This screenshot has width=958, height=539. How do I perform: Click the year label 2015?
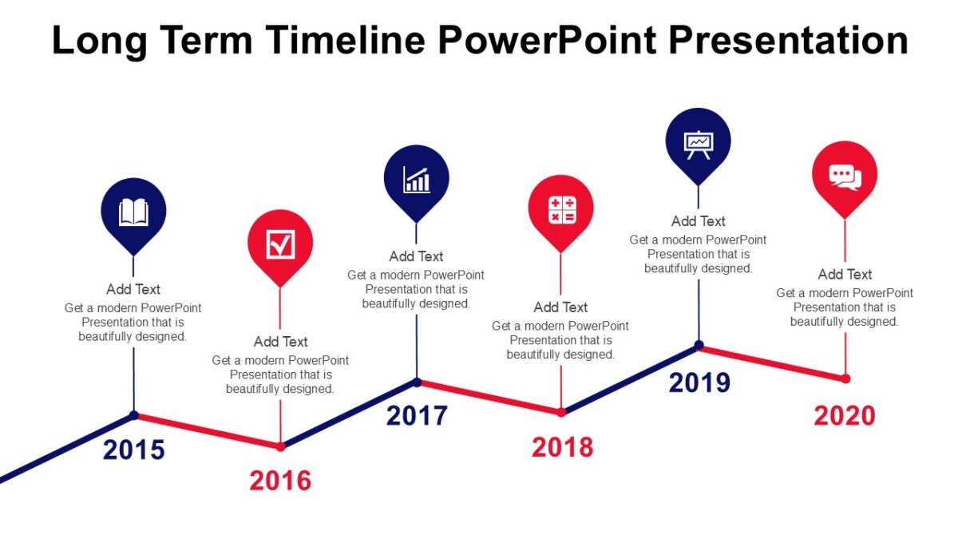(133, 450)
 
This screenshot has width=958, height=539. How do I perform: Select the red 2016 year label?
(280, 481)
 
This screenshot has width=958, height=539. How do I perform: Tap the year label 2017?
(417, 416)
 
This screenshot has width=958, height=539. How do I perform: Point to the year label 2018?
(562, 447)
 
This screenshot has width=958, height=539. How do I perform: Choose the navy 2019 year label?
(699, 382)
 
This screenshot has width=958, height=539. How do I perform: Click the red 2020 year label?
(845, 415)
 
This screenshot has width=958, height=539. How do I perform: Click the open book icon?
(133, 212)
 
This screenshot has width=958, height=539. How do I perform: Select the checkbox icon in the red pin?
(280, 244)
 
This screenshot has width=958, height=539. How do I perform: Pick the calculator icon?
(561, 210)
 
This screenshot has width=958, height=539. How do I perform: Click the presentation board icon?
(699, 144)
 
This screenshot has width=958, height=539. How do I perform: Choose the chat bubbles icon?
(845, 176)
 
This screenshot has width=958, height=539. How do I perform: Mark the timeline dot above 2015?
(134, 415)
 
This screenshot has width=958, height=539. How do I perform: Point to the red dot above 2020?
(845, 378)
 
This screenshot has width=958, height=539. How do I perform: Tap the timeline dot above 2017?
(417, 382)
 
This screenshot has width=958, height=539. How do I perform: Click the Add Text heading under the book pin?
(133, 289)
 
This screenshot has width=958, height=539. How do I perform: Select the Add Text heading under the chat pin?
(845, 274)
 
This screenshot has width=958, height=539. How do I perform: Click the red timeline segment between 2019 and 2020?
(772, 362)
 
